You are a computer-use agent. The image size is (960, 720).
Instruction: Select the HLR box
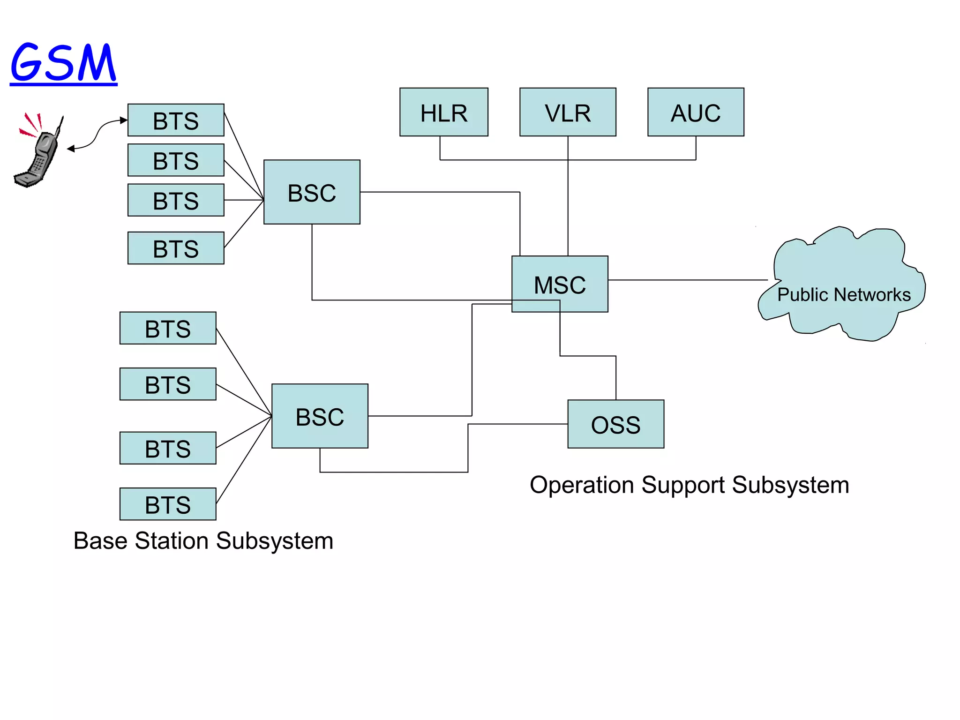click(x=443, y=112)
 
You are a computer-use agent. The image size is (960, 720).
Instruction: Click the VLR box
click(x=568, y=112)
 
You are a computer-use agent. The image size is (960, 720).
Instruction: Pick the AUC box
click(x=696, y=112)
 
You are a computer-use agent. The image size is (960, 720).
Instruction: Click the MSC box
click(x=560, y=284)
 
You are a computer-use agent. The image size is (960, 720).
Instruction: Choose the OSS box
click(x=615, y=424)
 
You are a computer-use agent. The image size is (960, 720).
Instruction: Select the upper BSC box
click(x=312, y=192)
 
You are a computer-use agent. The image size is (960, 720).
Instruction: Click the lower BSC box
click(x=320, y=416)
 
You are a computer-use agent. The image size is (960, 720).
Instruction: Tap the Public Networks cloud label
click(x=844, y=294)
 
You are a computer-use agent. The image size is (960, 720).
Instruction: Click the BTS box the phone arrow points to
click(x=176, y=120)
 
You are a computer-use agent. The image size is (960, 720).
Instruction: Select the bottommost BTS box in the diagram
click(x=168, y=504)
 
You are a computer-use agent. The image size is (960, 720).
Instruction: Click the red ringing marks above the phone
click(x=31, y=125)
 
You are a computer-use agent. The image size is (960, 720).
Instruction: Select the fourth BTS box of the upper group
click(x=176, y=248)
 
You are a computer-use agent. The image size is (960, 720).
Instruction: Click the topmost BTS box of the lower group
click(x=168, y=328)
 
